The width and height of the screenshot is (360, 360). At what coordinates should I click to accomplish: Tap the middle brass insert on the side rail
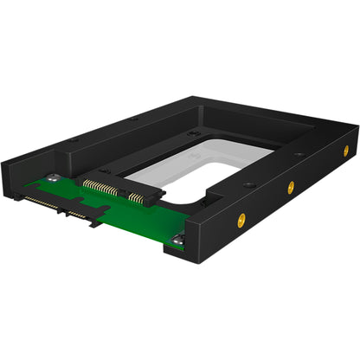tap(291, 186)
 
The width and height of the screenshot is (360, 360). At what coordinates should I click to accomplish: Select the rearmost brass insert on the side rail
tap(346, 149)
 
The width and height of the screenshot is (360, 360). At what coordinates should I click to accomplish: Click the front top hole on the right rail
tap(248, 183)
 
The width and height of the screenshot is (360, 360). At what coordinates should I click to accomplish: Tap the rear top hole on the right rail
tap(299, 155)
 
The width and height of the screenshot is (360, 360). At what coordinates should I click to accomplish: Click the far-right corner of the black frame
tap(357, 130)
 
